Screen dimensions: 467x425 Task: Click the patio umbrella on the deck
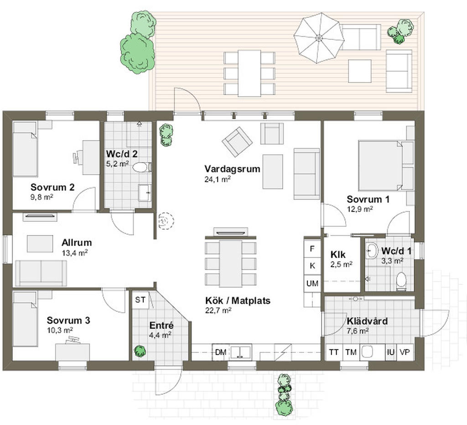tap(319, 38)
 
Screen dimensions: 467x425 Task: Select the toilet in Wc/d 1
tap(401, 281)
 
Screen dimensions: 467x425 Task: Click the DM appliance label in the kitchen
tap(221, 352)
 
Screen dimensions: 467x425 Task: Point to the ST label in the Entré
tap(140, 299)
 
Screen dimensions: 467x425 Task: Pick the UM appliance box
tap(312, 283)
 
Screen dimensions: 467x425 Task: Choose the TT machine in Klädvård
tap(334, 352)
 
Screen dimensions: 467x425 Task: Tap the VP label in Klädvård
tap(405, 352)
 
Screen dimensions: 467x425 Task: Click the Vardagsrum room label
tap(232, 169)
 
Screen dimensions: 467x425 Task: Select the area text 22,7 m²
tap(218, 310)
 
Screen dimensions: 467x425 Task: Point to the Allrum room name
tap(77, 242)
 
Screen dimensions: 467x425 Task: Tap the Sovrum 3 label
tap(68, 320)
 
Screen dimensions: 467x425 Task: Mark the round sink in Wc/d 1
tap(371, 251)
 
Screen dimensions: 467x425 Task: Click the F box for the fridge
tap(312, 248)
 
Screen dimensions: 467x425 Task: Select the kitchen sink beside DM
tap(241, 352)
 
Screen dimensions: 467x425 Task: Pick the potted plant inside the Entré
tap(140, 351)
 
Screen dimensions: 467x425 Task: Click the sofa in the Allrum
tap(41, 273)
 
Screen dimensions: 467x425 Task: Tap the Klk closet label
tap(338, 255)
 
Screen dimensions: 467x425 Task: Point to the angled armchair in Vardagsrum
tap(237, 142)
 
